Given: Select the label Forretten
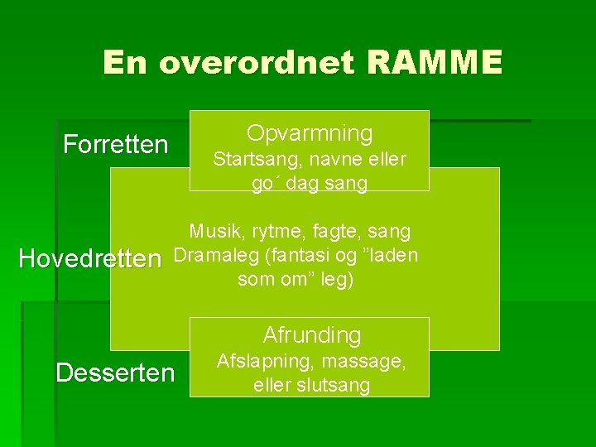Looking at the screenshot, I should click(x=116, y=145).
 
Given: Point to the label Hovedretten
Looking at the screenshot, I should click(x=89, y=259).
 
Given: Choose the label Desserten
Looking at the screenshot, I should click(x=115, y=372).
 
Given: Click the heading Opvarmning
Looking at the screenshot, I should click(x=310, y=133).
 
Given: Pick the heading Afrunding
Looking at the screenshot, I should click(x=311, y=335).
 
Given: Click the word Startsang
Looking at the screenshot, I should click(x=249, y=159).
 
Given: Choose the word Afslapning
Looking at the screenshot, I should click(x=263, y=361).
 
